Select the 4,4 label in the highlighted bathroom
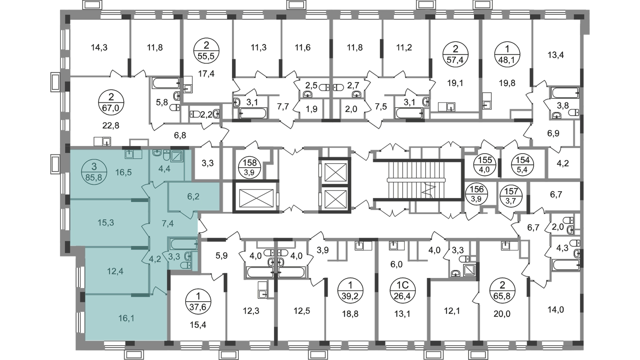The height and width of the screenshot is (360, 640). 164,168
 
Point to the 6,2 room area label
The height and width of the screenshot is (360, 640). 193,197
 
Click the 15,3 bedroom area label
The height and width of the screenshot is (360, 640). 106,222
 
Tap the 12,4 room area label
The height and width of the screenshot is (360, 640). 115,271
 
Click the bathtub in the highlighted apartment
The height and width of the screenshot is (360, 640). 183,244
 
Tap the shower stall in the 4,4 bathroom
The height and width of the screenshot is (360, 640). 177,155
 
